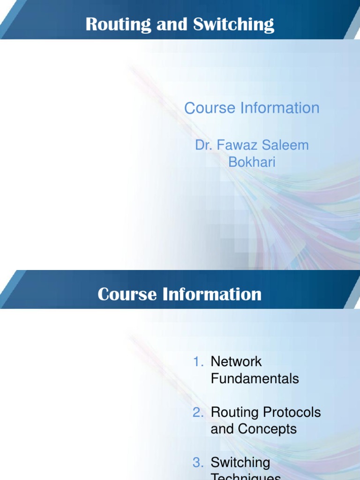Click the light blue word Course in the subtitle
pyautogui.click(x=210, y=108)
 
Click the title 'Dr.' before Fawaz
pyautogui.click(x=204, y=145)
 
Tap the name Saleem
pyautogui.click(x=286, y=145)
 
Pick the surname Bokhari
pyautogui.click(x=252, y=162)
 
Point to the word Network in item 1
pyautogui.click(x=236, y=362)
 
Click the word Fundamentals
pyautogui.click(x=255, y=379)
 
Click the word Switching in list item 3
pyautogui.click(x=240, y=463)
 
